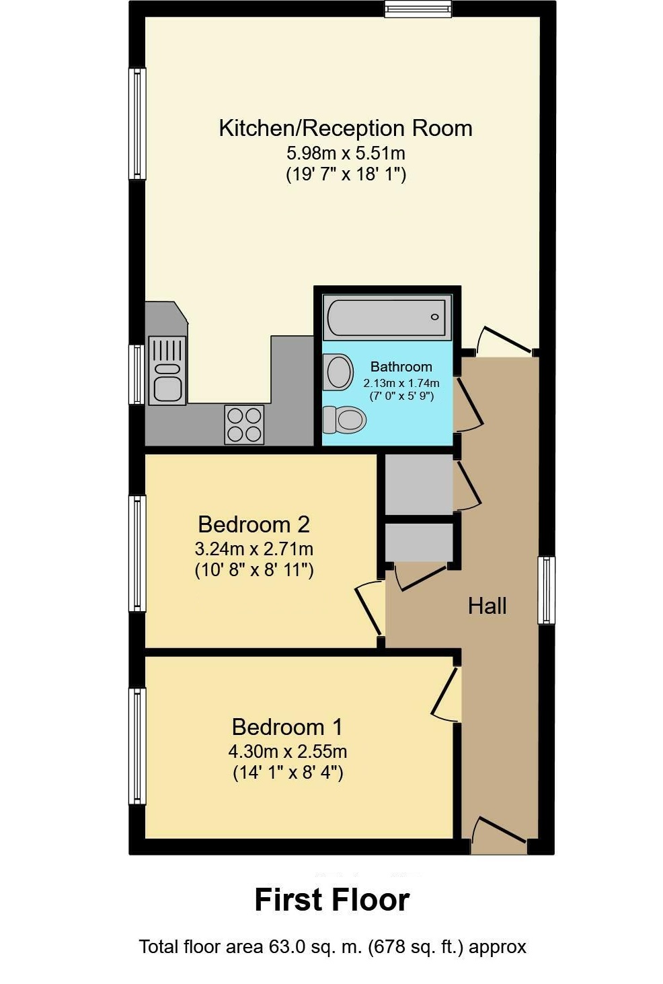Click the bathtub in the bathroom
[x=387, y=317]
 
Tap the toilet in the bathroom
[x=344, y=419]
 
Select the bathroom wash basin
[x=338, y=372]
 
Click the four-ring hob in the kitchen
[x=244, y=425]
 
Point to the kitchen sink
[x=167, y=370]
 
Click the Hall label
[x=487, y=606]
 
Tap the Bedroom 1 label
[x=287, y=727]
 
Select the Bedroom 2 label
[x=253, y=524]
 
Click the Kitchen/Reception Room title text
[x=346, y=129]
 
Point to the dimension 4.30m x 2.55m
[x=287, y=752]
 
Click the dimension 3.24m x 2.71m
[x=253, y=549]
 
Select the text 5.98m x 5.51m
[x=346, y=153]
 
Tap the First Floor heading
[x=332, y=900]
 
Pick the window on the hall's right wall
[x=546, y=590]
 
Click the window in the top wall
[x=418, y=9]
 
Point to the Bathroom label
[x=401, y=366]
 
